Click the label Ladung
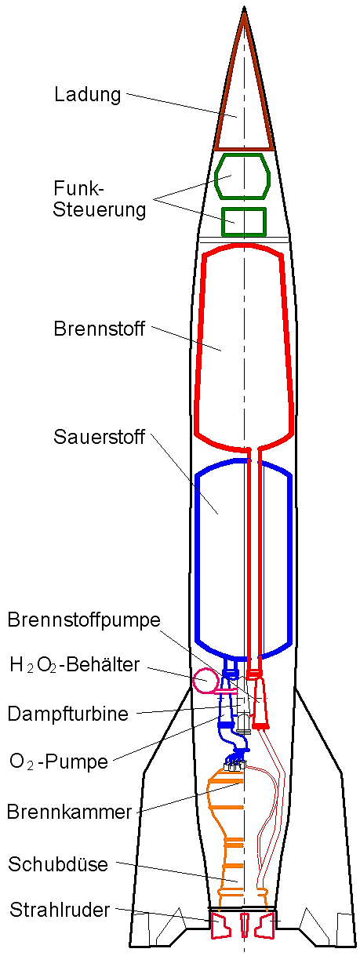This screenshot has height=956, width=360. (88, 95)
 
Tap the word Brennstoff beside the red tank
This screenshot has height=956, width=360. (99, 329)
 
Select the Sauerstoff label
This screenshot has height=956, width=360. (99, 437)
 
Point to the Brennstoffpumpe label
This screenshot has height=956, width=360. (84, 620)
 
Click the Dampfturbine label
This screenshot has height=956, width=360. (68, 714)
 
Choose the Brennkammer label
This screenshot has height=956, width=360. (69, 812)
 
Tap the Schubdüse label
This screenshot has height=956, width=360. (58, 864)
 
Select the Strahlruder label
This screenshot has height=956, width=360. (60, 910)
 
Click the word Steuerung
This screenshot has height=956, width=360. (99, 210)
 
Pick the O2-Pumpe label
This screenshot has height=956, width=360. (59, 762)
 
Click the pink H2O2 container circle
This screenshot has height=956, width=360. (195, 682)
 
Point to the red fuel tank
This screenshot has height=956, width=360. (198, 341)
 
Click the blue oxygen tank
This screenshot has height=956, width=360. (198, 554)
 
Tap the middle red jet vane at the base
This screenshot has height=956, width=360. (244, 925)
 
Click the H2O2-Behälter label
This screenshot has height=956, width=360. (75, 665)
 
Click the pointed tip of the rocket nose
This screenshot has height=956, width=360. (244, 7)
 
